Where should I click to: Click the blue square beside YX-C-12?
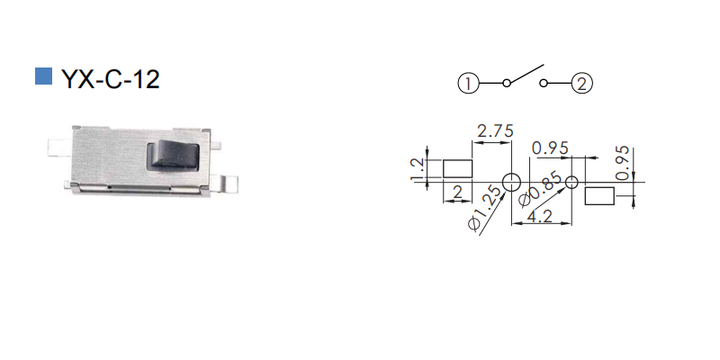point(43,76)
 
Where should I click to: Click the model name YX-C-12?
point(111,79)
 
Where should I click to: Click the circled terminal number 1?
point(468,84)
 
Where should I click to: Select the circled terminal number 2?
point(581,84)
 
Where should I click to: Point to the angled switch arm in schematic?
point(526,74)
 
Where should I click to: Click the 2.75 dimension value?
point(495,131)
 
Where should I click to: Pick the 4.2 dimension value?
point(540,216)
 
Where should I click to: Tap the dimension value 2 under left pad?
point(457,193)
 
